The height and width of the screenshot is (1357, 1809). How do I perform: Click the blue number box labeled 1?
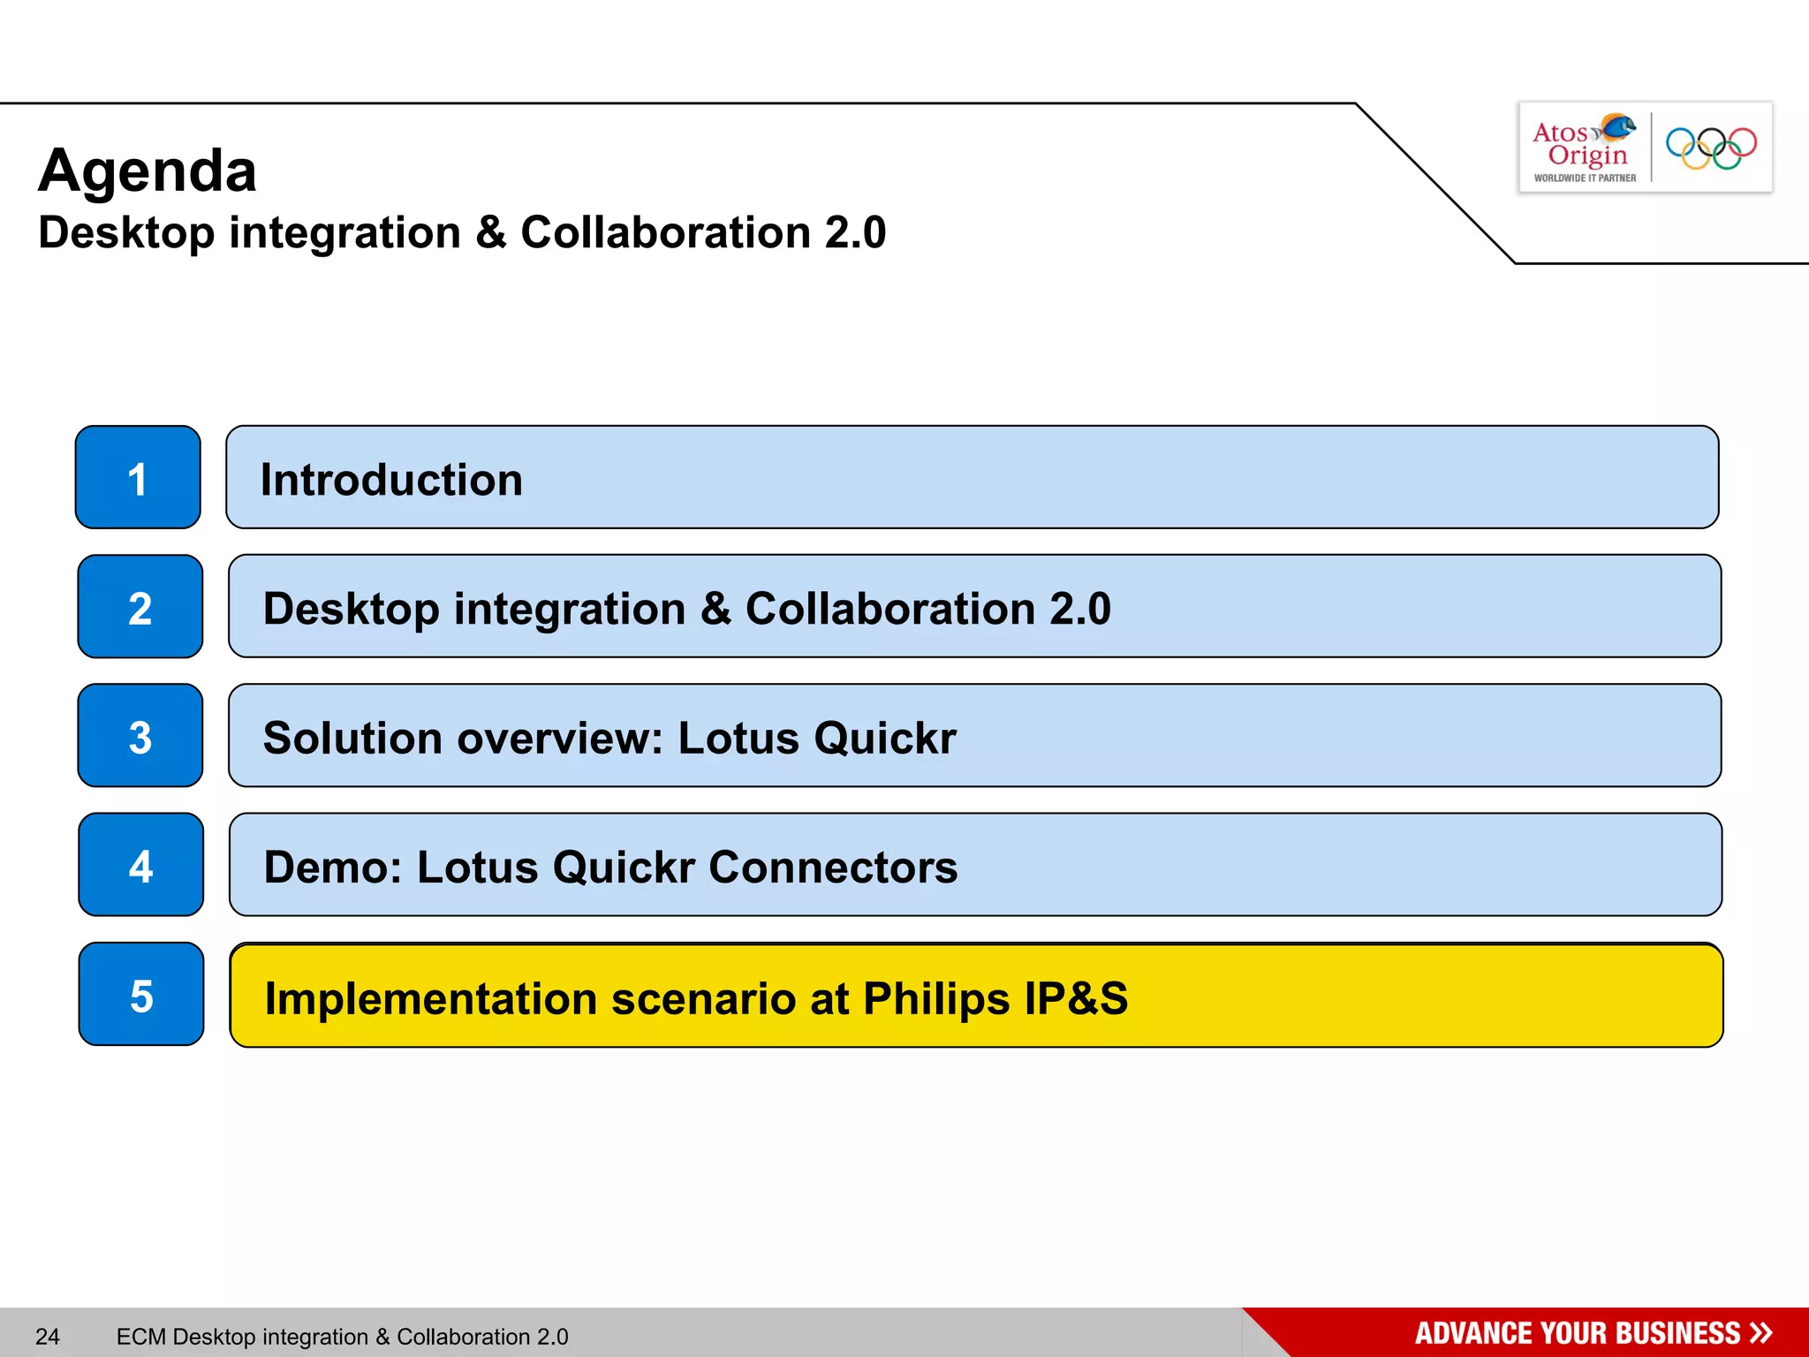tap(138, 478)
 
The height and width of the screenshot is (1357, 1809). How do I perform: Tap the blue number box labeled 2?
tap(140, 607)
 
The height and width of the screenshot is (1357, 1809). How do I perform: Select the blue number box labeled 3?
tap(140, 736)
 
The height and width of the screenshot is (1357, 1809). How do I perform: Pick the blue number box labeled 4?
tap(141, 865)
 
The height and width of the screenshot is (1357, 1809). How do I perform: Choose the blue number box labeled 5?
tap(141, 995)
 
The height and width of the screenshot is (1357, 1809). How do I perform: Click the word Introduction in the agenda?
tap(391, 481)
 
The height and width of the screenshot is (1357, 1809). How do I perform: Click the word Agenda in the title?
tap(148, 171)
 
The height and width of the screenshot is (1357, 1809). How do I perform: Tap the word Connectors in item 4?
tap(832, 868)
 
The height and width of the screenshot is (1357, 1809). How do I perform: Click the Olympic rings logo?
tap(1711, 148)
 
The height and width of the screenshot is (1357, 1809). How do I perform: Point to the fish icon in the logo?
tap(1617, 128)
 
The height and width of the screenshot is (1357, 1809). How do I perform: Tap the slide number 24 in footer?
tap(48, 1337)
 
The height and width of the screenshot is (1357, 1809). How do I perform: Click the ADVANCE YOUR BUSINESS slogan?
tap(1577, 1333)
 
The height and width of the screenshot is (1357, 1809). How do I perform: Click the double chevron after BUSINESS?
tap(1760, 1332)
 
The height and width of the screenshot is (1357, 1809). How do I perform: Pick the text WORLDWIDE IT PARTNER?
tap(1585, 178)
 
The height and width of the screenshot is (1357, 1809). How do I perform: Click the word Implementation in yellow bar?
tap(432, 999)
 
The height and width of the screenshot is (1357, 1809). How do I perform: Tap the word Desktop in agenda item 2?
tap(351, 610)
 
